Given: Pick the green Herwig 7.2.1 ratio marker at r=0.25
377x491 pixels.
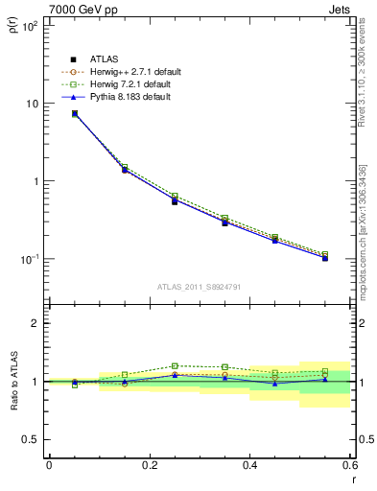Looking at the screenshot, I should coord(175,365).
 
